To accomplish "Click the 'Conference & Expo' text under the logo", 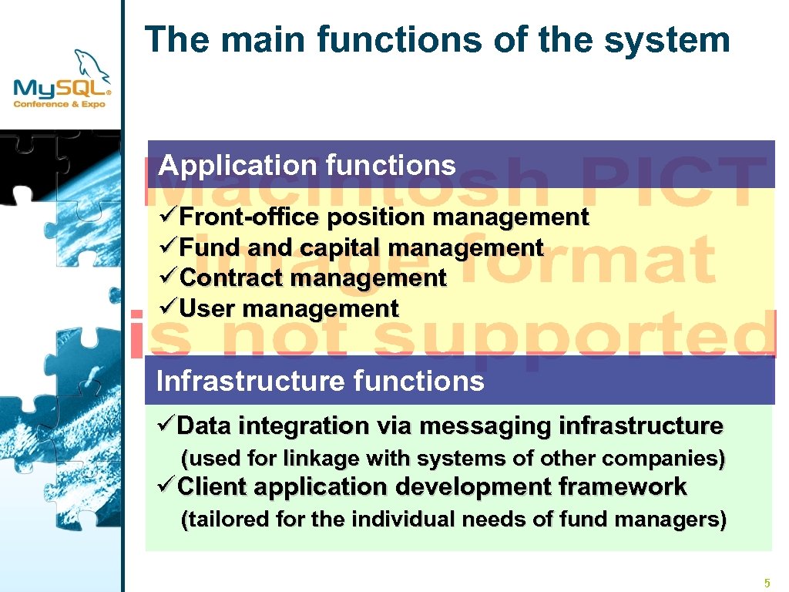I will coord(59,103).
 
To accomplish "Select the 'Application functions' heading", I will coord(307,165).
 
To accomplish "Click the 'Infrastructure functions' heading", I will coord(320,381).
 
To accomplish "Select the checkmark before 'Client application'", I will coord(166,486).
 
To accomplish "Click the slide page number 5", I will coord(767,583).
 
